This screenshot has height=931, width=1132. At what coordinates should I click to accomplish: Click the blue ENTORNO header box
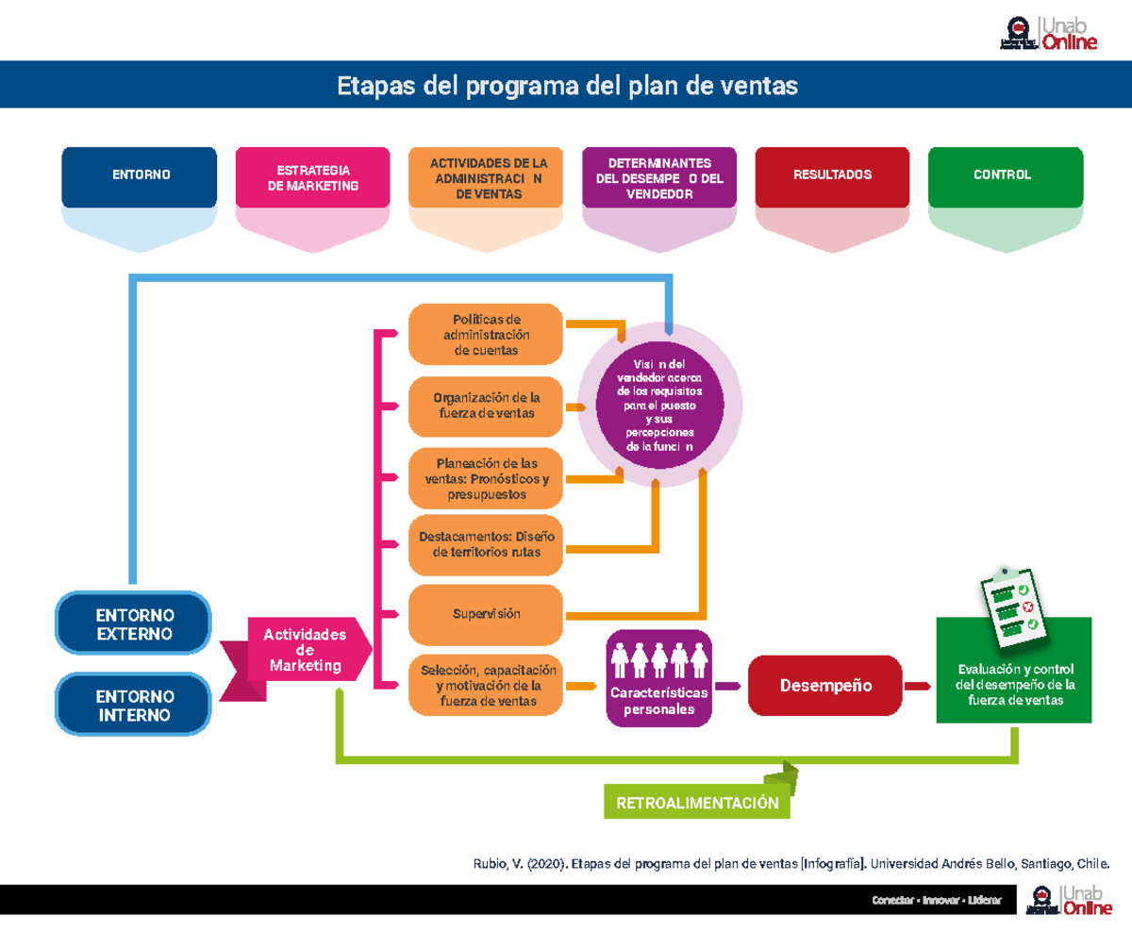click(140, 175)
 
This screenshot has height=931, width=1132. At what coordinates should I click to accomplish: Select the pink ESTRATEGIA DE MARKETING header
click(312, 177)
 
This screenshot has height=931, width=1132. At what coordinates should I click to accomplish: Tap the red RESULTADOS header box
click(832, 175)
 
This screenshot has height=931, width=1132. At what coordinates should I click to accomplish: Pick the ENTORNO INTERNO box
click(133, 705)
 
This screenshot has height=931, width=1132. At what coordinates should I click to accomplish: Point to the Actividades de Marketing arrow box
click(304, 650)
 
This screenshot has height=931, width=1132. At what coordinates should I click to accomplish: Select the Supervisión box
click(486, 614)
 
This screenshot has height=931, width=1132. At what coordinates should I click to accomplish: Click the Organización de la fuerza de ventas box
click(486, 406)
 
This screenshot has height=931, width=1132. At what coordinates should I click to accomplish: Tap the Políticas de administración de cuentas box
click(486, 334)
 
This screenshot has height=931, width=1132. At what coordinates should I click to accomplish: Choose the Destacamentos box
click(486, 544)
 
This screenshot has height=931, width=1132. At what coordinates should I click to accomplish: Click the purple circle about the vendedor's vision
click(658, 405)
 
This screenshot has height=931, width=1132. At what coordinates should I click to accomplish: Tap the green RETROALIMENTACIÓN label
click(697, 803)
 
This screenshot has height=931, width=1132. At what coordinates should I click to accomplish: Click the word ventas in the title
click(764, 87)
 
